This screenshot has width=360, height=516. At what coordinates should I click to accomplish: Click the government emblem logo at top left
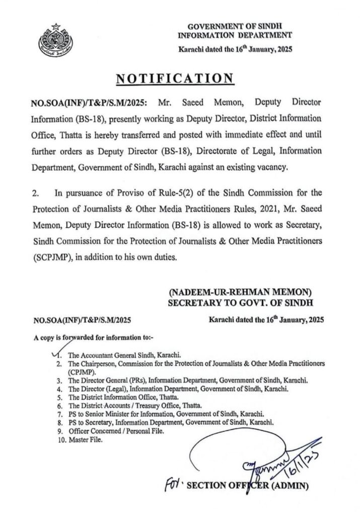(52, 38)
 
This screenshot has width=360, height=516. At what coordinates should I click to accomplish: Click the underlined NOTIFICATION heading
(175, 79)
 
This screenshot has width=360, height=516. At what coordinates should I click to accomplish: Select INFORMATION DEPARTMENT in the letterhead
(235, 35)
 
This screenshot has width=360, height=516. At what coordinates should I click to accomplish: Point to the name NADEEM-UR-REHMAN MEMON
(240, 292)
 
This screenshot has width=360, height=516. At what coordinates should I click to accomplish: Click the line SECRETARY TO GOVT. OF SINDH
(240, 302)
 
